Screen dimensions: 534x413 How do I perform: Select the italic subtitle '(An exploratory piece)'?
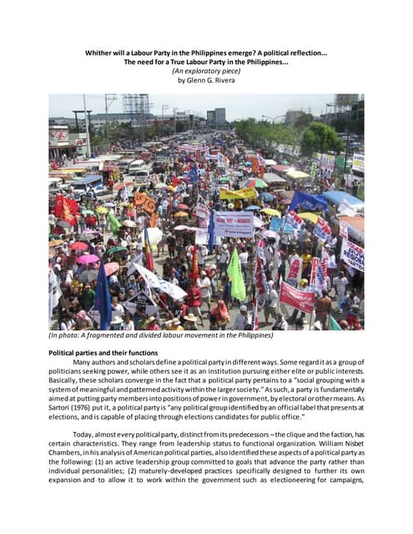206,72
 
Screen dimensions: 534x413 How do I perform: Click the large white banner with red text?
234,223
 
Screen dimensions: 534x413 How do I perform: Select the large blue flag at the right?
307,201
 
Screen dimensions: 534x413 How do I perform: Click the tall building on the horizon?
217,116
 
